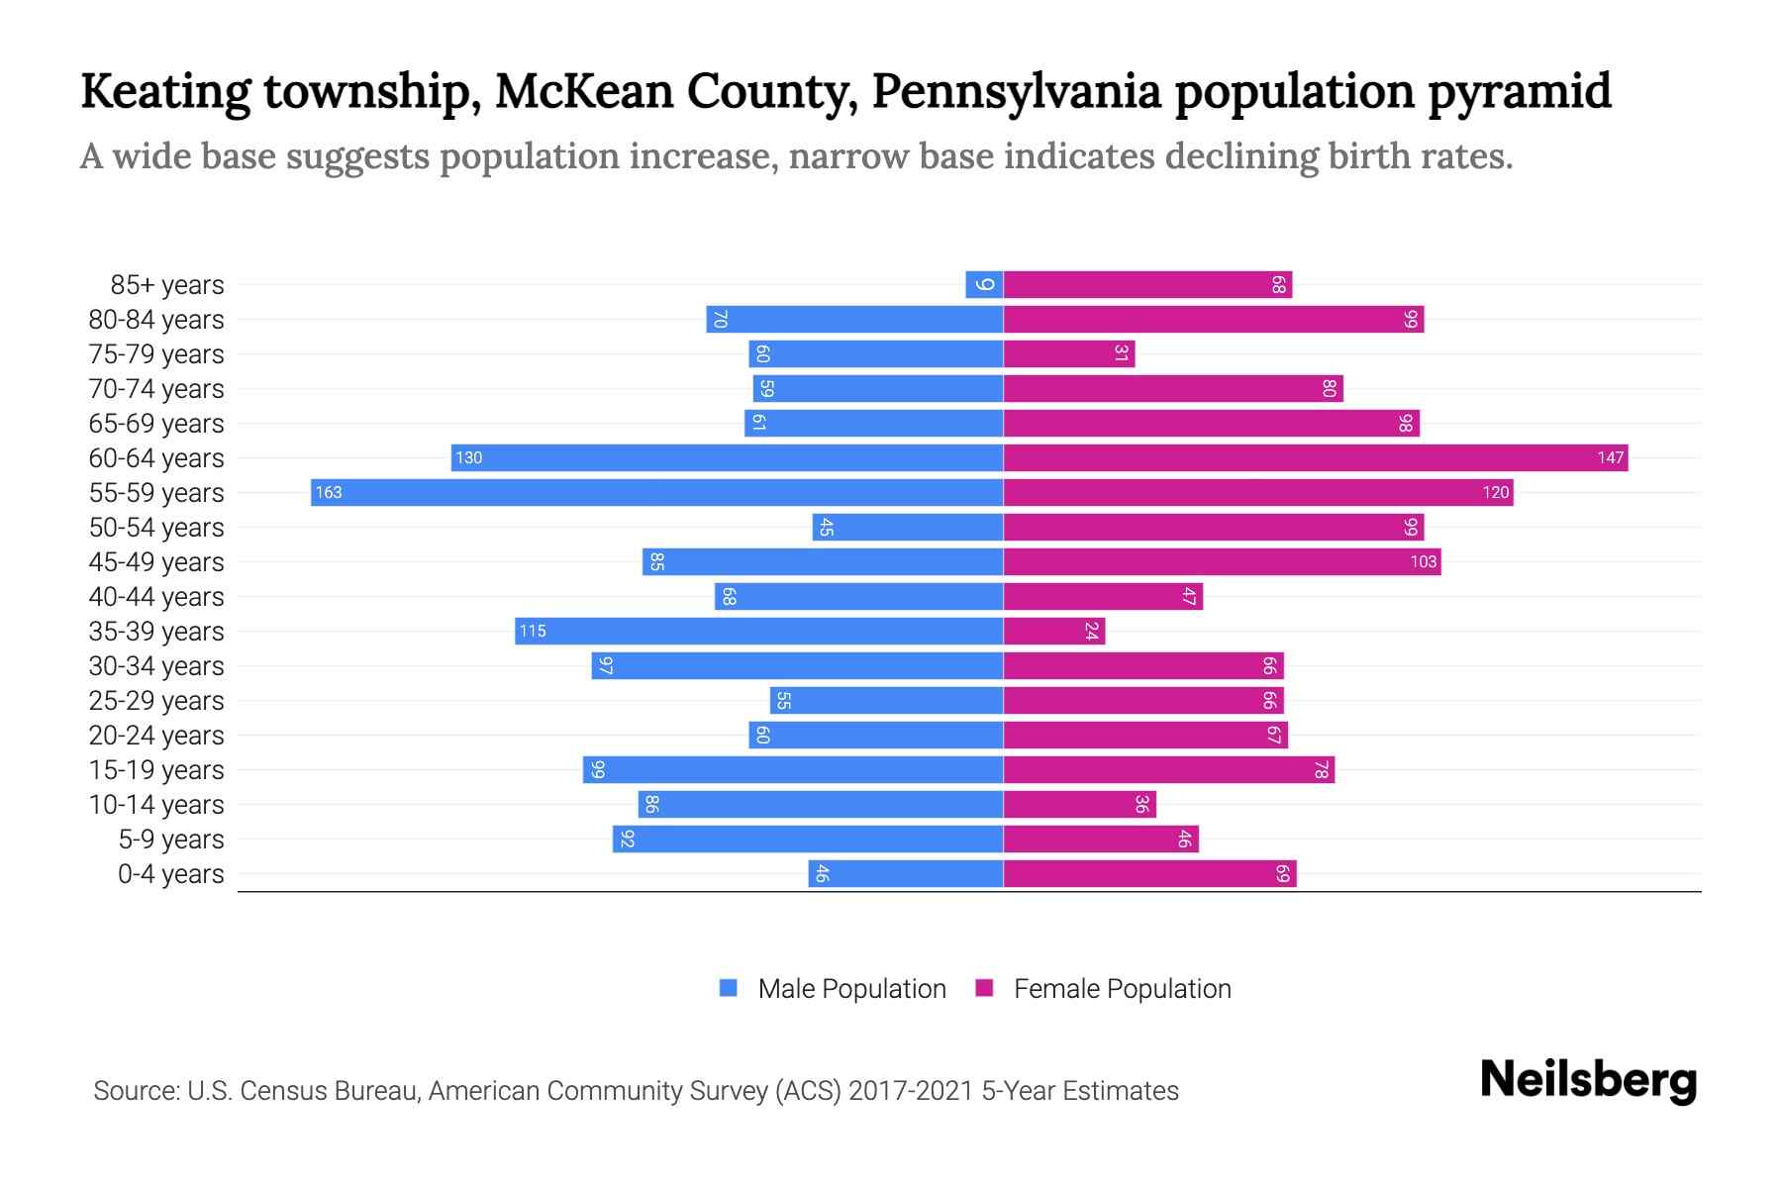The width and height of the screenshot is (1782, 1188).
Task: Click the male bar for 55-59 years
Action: click(x=656, y=492)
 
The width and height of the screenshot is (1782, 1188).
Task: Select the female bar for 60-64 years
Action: click(x=1315, y=457)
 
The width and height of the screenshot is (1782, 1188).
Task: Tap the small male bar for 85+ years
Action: click(x=984, y=284)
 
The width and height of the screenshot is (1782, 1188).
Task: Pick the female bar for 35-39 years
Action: click(x=1053, y=631)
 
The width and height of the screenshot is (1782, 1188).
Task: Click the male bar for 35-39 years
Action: click(x=758, y=631)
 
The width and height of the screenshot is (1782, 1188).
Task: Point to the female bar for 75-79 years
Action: click(x=1068, y=353)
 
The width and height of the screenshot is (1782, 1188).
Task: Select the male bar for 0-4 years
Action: click(x=905, y=873)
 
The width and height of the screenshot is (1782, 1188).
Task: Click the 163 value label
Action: click(x=329, y=492)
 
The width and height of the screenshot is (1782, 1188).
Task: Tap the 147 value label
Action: click(x=1610, y=457)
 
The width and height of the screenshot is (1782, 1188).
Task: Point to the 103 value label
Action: click(x=1423, y=561)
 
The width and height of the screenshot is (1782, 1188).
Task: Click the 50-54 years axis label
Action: click(x=156, y=528)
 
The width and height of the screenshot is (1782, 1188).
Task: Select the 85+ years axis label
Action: click(x=167, y=285)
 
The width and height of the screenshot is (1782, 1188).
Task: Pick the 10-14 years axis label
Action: click(x=156, y=805)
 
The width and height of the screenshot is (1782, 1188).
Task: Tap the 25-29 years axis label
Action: click(x=156, y=701)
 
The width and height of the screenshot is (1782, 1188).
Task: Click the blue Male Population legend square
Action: click(x=729, y=988)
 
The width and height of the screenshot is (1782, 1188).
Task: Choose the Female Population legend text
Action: click(x=1122, y=988)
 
